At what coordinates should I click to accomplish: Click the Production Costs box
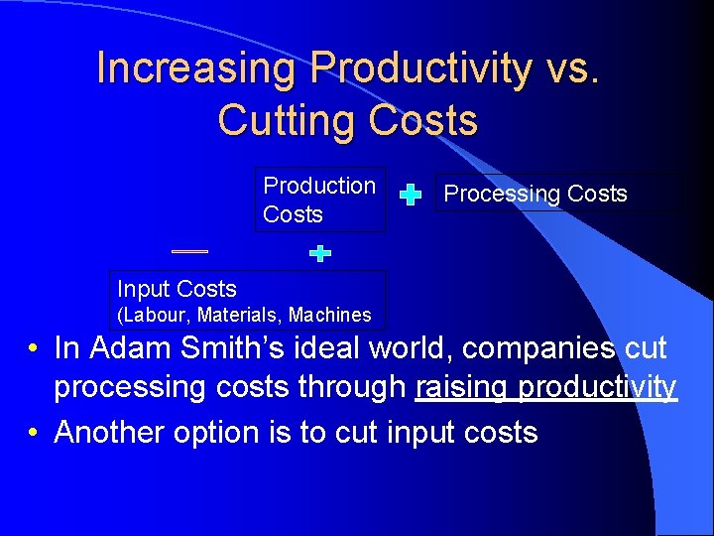click(x=319, y=200)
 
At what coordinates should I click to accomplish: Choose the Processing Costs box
click(x=535, y=194)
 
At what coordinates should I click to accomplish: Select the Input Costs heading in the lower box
click(x=177, y=289)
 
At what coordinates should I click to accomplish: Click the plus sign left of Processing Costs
click(x=410, y=195)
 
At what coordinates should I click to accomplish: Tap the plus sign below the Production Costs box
click(x=319, y=254)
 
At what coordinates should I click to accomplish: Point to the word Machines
click(x=330, y=316)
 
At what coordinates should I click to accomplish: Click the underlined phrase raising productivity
click(x=546, y=387)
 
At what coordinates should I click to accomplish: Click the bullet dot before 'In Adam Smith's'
click(x=34, y=349)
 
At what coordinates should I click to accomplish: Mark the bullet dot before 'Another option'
click(x=34, y=433)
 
